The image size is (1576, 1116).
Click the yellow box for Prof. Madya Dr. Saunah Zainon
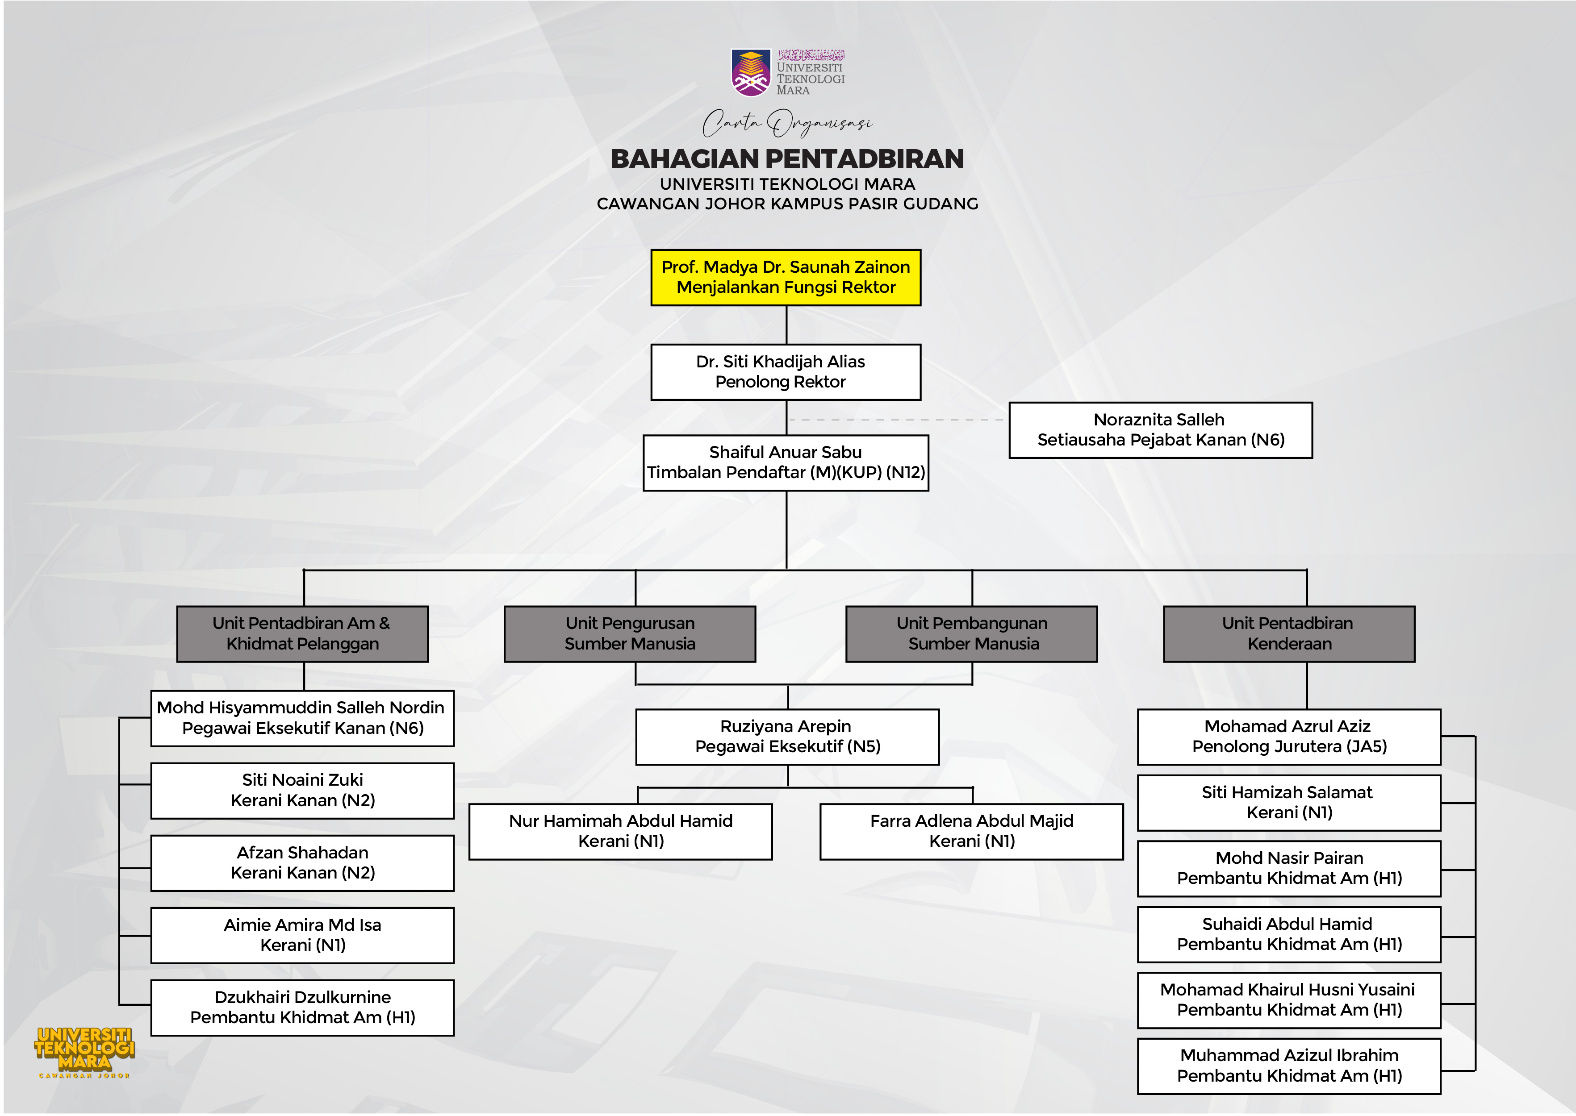(786, 277)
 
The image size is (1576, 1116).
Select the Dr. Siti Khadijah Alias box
(786, 372)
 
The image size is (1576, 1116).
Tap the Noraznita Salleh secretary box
(1160, 429)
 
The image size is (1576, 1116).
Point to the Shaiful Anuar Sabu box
(786, 462)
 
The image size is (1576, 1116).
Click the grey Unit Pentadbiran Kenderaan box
(1289, 633)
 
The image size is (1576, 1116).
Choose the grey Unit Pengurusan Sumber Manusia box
(630, 633)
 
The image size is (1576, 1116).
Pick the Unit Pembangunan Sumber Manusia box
(971, 633)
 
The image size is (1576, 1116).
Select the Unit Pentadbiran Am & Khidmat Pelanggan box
(302, 633)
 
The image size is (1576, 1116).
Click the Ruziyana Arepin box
(787, 737)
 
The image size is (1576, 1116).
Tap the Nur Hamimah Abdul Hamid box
(621, 832)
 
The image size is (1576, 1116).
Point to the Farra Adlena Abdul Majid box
(971, 832)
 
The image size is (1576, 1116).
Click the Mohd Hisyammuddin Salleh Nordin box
(302, 718)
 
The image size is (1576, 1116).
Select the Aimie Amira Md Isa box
(302, 935)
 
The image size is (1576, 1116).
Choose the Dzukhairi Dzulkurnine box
(302, 1008)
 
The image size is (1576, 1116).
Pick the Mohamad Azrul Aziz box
(1289, 737)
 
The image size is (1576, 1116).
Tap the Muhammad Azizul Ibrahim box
(1289, 1066)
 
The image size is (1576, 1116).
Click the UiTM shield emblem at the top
(751, 72)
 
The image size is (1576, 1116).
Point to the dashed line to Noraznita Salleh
(897, 419)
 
